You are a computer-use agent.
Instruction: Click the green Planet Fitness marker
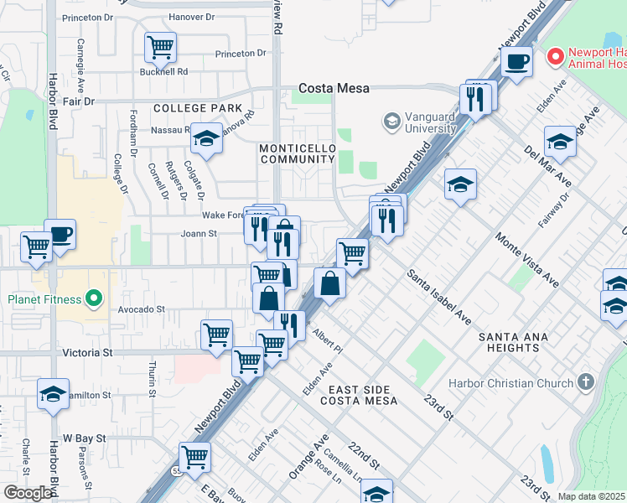(94, 298)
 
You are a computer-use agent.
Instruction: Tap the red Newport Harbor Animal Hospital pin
(554, 57)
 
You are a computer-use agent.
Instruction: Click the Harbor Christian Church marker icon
(586, 383)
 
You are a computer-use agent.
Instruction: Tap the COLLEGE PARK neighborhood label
(198, 108)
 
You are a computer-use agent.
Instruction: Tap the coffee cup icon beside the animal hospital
(516, 61)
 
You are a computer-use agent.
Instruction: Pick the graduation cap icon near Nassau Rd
(205, 138)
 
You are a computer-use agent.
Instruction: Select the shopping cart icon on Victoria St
(216, 334)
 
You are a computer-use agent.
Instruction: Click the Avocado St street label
(141, 309)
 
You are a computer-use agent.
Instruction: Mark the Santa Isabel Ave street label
(439, 297)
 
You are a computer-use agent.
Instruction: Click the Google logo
(28, 493)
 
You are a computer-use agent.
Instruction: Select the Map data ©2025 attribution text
(592, 496)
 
